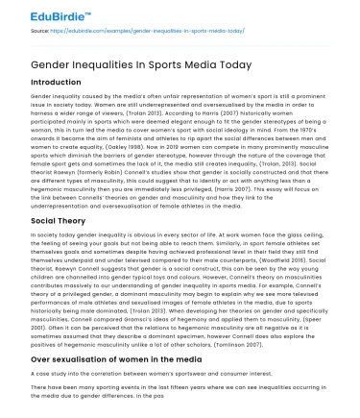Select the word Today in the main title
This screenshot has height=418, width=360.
pos(231,64)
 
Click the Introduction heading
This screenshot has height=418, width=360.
pos(57,83)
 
